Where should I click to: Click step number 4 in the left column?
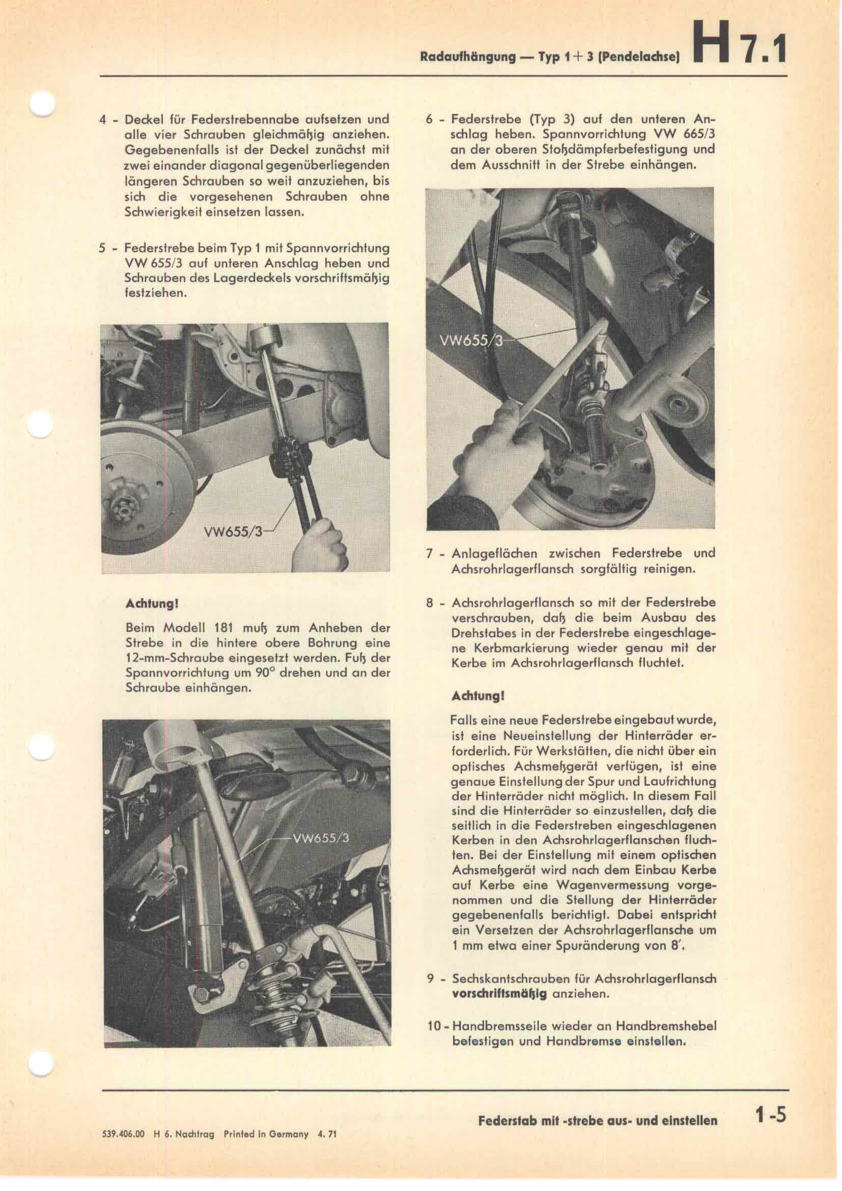click(x=103, y=119)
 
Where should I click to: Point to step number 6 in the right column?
click(x=429, y=119)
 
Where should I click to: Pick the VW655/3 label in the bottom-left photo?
click(x=321, y=839)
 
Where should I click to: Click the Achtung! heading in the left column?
click(x=153, y=604)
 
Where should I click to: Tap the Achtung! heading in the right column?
click(x=479, y=696)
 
